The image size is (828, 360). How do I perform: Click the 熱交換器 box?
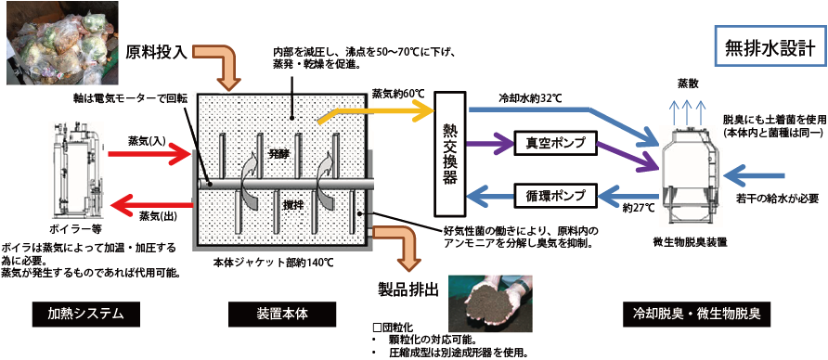click(450, 151)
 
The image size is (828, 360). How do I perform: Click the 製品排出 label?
click(409, 284)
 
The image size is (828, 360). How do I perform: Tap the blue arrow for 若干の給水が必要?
click(765, 172)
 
